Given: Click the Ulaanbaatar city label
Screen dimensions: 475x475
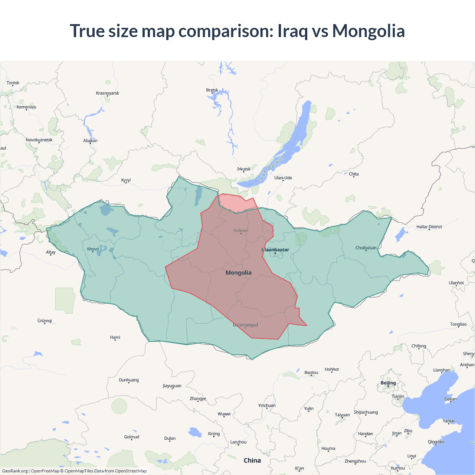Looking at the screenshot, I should [275, 250].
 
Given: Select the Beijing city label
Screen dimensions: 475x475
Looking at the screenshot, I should [388, 383].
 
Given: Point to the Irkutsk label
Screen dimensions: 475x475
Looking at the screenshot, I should [244, 169].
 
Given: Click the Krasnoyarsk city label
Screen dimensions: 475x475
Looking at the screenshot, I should [108, 93].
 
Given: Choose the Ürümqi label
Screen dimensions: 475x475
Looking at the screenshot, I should [45, 321].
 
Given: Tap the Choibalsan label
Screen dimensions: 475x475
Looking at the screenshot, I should [366, 248].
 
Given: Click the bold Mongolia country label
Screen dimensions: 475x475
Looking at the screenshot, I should [239, 273].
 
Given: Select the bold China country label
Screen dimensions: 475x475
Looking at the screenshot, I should [252, 461].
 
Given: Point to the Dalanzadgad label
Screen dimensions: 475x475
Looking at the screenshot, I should [245, 325].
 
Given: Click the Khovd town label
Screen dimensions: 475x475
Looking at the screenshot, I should [93, 249].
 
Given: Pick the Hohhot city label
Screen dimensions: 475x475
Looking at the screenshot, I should [332, 369].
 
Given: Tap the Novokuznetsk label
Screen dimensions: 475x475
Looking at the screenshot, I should [39, 140].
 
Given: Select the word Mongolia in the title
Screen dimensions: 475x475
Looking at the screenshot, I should [368, 31].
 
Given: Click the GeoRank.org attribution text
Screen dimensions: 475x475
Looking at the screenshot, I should [15, 471].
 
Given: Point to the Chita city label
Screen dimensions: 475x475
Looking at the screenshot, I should [354, 174].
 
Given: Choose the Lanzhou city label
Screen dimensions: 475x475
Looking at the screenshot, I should [238, 442].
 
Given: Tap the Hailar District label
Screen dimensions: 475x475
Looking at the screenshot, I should [429, 227].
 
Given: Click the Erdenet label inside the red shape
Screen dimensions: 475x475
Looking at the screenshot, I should [241, 230].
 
